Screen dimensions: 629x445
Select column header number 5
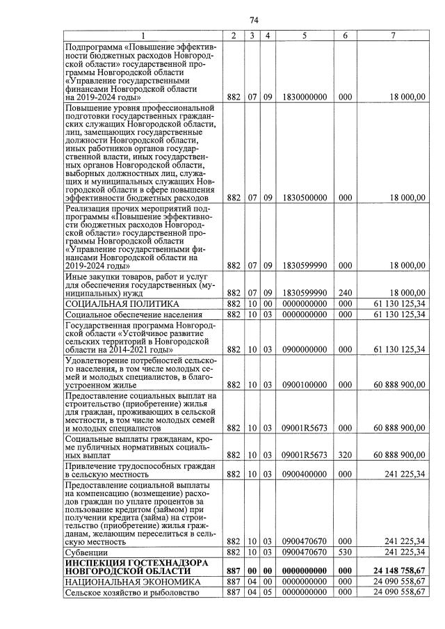point(305,35)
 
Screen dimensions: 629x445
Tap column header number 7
point(393,35)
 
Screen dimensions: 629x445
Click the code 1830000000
point(305,97)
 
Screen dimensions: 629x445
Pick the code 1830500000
point(305,198)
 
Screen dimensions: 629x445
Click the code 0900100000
point(305,384)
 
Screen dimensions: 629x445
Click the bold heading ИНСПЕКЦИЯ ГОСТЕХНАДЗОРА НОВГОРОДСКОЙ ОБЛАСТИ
point(125,566)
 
